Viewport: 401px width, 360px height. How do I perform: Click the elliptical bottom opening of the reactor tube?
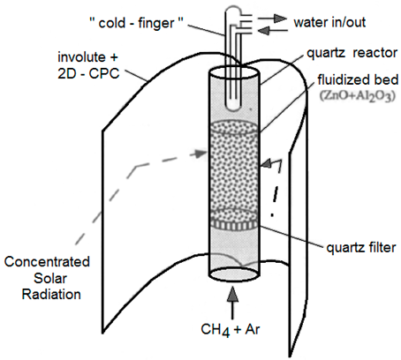[x=233, y=275]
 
